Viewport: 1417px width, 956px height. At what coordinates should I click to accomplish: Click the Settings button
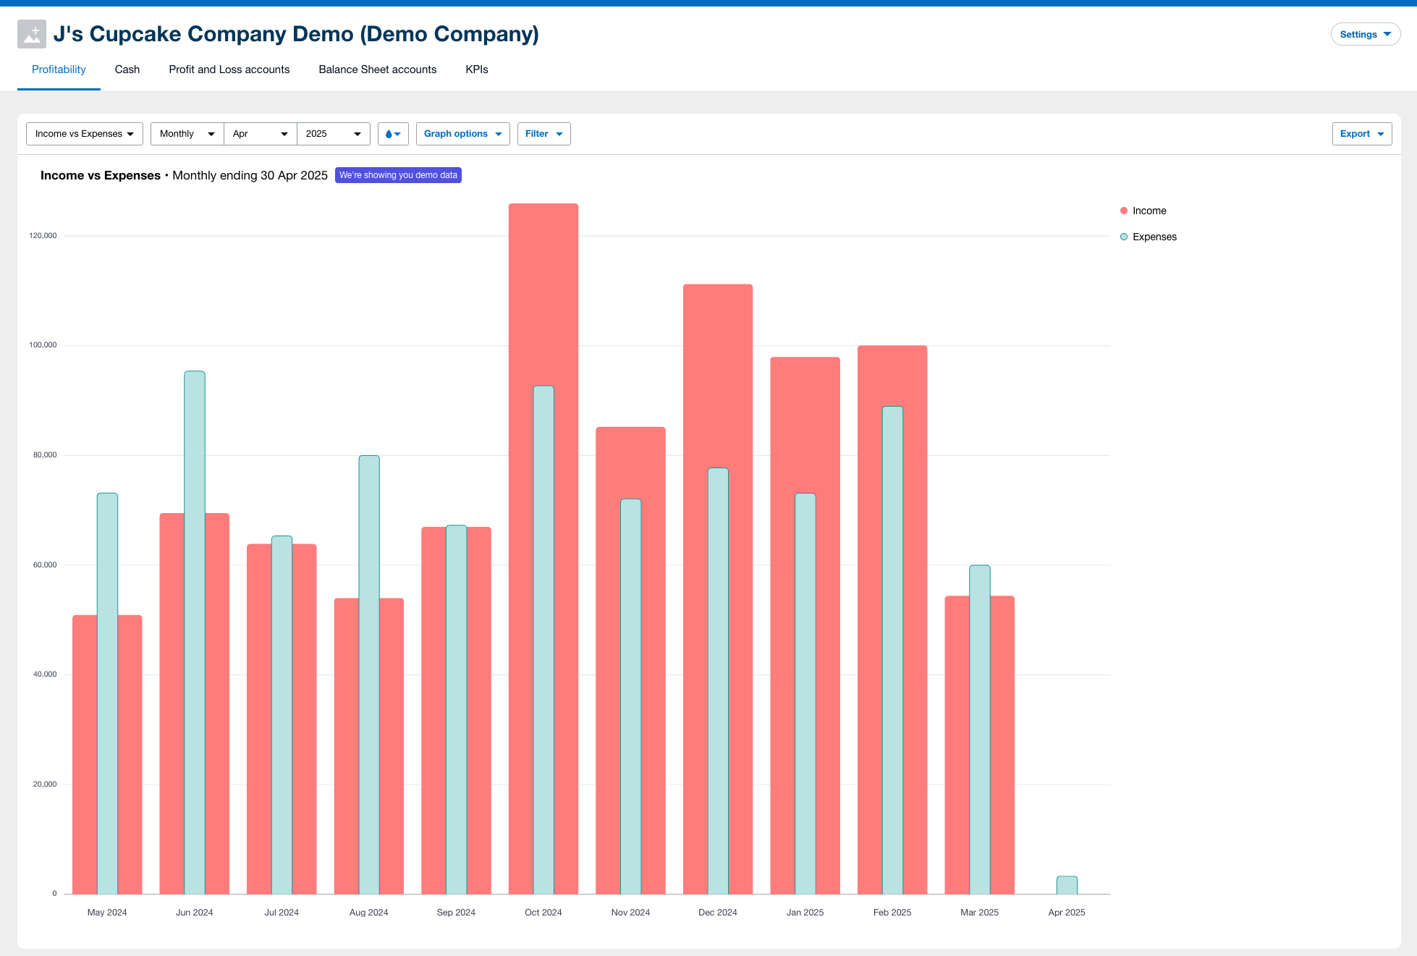coord(1365,34)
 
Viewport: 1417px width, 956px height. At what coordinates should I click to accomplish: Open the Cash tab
coord(127,69)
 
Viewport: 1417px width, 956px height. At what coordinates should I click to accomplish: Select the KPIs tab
coord(476,69)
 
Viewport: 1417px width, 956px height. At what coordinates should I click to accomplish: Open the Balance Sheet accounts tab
coord(377,69)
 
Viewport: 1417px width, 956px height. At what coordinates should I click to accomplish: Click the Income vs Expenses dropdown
coord(85,134)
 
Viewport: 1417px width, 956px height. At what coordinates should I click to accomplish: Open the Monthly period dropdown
coord(187,134)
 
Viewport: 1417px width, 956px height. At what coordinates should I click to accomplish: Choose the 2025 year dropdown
coord(333,134)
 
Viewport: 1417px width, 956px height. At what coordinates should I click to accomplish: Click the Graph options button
coord(462,134)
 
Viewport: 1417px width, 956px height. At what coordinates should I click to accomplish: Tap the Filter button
coord(543,134)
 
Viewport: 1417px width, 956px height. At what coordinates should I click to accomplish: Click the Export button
coord(1361,134)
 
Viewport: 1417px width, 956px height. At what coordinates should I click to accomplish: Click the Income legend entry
coord(1149,211)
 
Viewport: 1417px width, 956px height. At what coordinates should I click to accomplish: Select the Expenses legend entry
coord(1154,237)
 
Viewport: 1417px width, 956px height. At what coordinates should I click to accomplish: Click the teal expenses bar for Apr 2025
coord(1067,885)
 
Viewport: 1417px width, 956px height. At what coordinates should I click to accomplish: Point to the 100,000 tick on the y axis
coord(43,345)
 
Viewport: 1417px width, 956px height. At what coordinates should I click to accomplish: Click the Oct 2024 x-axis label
coord(543,913)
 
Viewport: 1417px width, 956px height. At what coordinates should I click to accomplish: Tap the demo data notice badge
coord(398,175)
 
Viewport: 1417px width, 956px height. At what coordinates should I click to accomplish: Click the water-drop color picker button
coord(393,134)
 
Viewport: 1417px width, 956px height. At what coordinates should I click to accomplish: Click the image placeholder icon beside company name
coord(32,34)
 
